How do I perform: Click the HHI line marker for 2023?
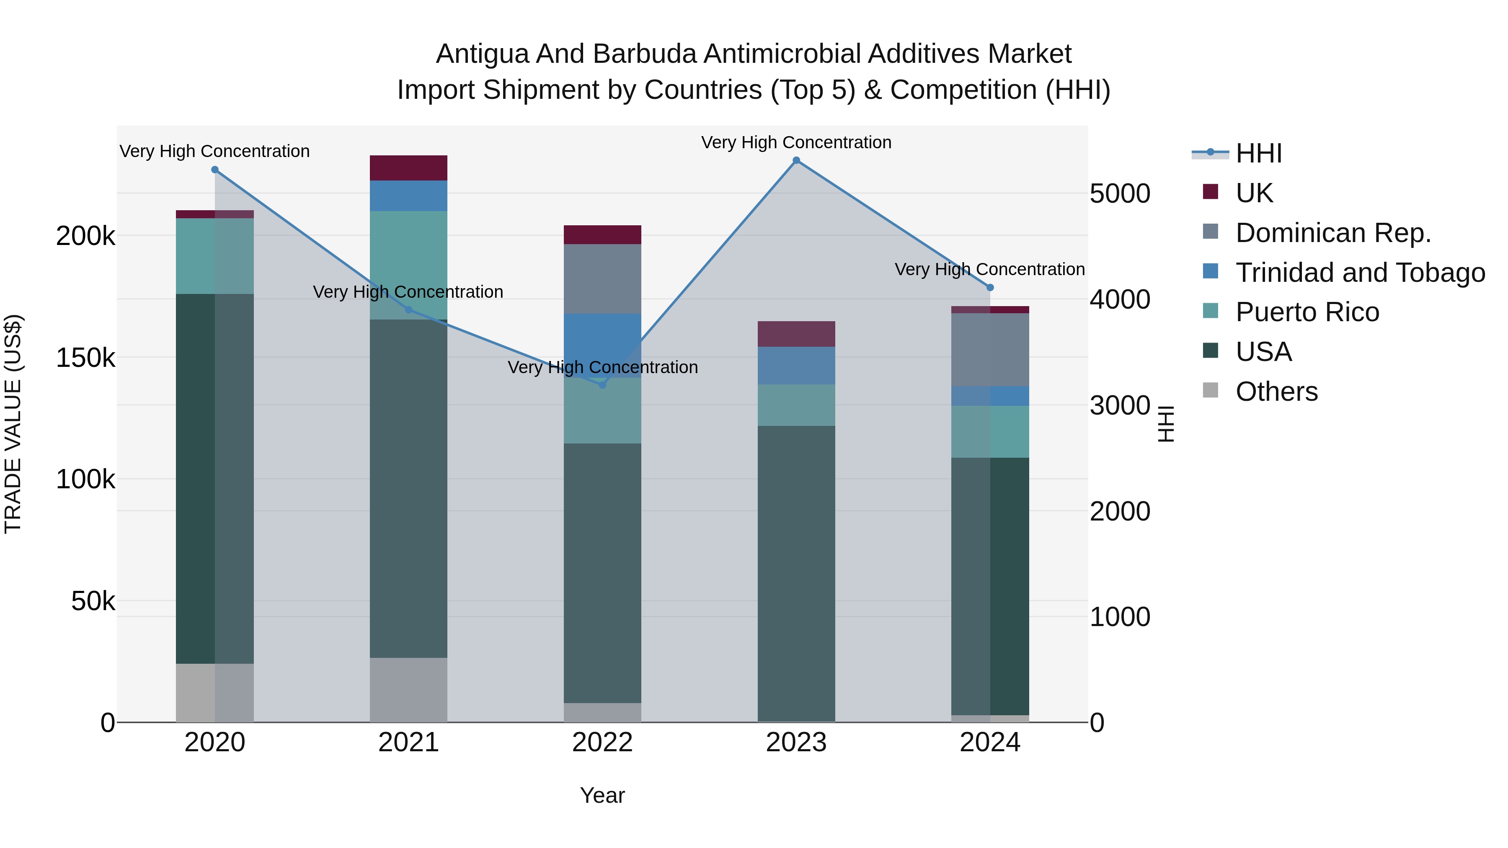tap(796, 160)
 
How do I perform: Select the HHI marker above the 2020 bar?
tap(215, 170)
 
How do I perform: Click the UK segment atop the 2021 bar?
tap(408, 168)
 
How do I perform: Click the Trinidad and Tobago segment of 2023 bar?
tap(796, 365)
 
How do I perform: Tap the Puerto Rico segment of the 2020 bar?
tap(215, 256)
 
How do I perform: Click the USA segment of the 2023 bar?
tap(796, 574)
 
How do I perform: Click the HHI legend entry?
tap(1259, 153)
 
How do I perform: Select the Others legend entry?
tap(1276, 392)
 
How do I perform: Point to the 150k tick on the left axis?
tap(85, 358)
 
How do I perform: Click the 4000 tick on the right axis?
tap(1119, 300)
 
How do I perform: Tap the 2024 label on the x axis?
tap(989, 742)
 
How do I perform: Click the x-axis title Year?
tap(602, 795)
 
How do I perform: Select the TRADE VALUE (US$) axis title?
tap(13, 424)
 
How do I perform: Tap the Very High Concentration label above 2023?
tap(796, 142)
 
